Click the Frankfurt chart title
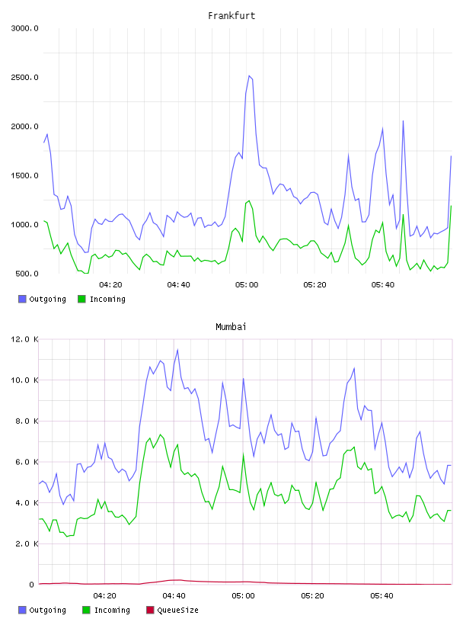click(231, 16)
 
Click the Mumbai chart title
click(231, 327)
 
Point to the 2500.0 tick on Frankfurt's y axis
click(24, 77)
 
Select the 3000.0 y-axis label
click(24, 28)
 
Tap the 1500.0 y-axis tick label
click(24, 176)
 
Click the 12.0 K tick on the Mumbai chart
click(24, 339)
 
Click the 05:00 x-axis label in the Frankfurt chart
click(247, 285)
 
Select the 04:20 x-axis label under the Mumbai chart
click(104, 596)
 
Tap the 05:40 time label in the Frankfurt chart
click(383, 285)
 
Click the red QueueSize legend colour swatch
click(150, 610)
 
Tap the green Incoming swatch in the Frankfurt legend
click(81, 299)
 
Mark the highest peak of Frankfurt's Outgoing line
click(249, 75)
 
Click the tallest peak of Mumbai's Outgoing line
click(177, 350)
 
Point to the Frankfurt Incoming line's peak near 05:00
click(249, 200)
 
